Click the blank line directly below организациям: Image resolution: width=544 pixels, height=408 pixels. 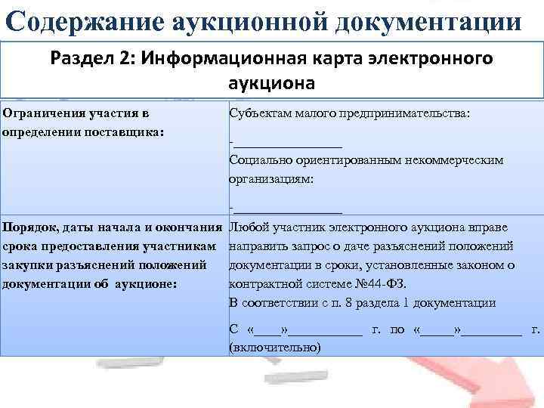coord(288,209)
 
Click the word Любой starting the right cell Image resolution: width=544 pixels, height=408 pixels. coord(250,227)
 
